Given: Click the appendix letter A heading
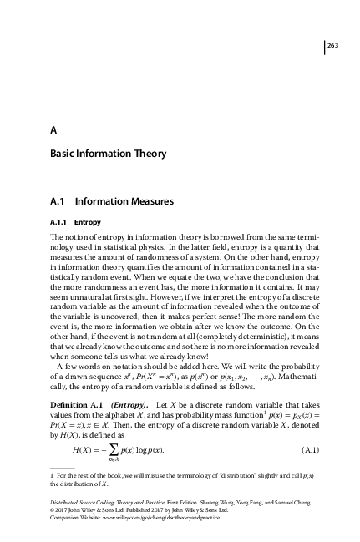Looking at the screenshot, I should click(53, 129).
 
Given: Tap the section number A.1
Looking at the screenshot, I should click(59, 201).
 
